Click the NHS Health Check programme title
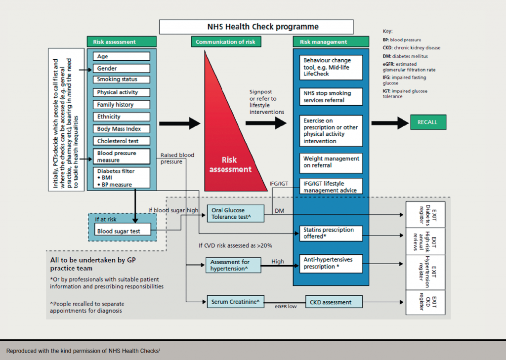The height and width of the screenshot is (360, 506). (x=256, y=27)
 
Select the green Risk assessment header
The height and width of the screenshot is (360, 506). (x=122, y=42)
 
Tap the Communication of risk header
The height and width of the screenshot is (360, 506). (x=225, y=42)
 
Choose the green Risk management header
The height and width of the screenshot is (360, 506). (x=331, y=42)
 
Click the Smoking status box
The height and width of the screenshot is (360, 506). (x=121, y=80)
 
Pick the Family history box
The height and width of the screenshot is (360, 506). (x=121, y=105)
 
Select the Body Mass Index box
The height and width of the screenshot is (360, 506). (x=121, y=129)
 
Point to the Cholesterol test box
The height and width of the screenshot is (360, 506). (x=121, y=141)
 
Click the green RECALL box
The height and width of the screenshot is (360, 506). (x=430, y=122)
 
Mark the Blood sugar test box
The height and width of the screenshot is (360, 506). (x=122, y=231)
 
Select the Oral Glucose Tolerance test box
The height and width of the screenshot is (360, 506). (x=233, y=213)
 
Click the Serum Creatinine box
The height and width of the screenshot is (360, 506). (x=233, y=302)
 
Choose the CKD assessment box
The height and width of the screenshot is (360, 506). (x=334, y=302)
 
